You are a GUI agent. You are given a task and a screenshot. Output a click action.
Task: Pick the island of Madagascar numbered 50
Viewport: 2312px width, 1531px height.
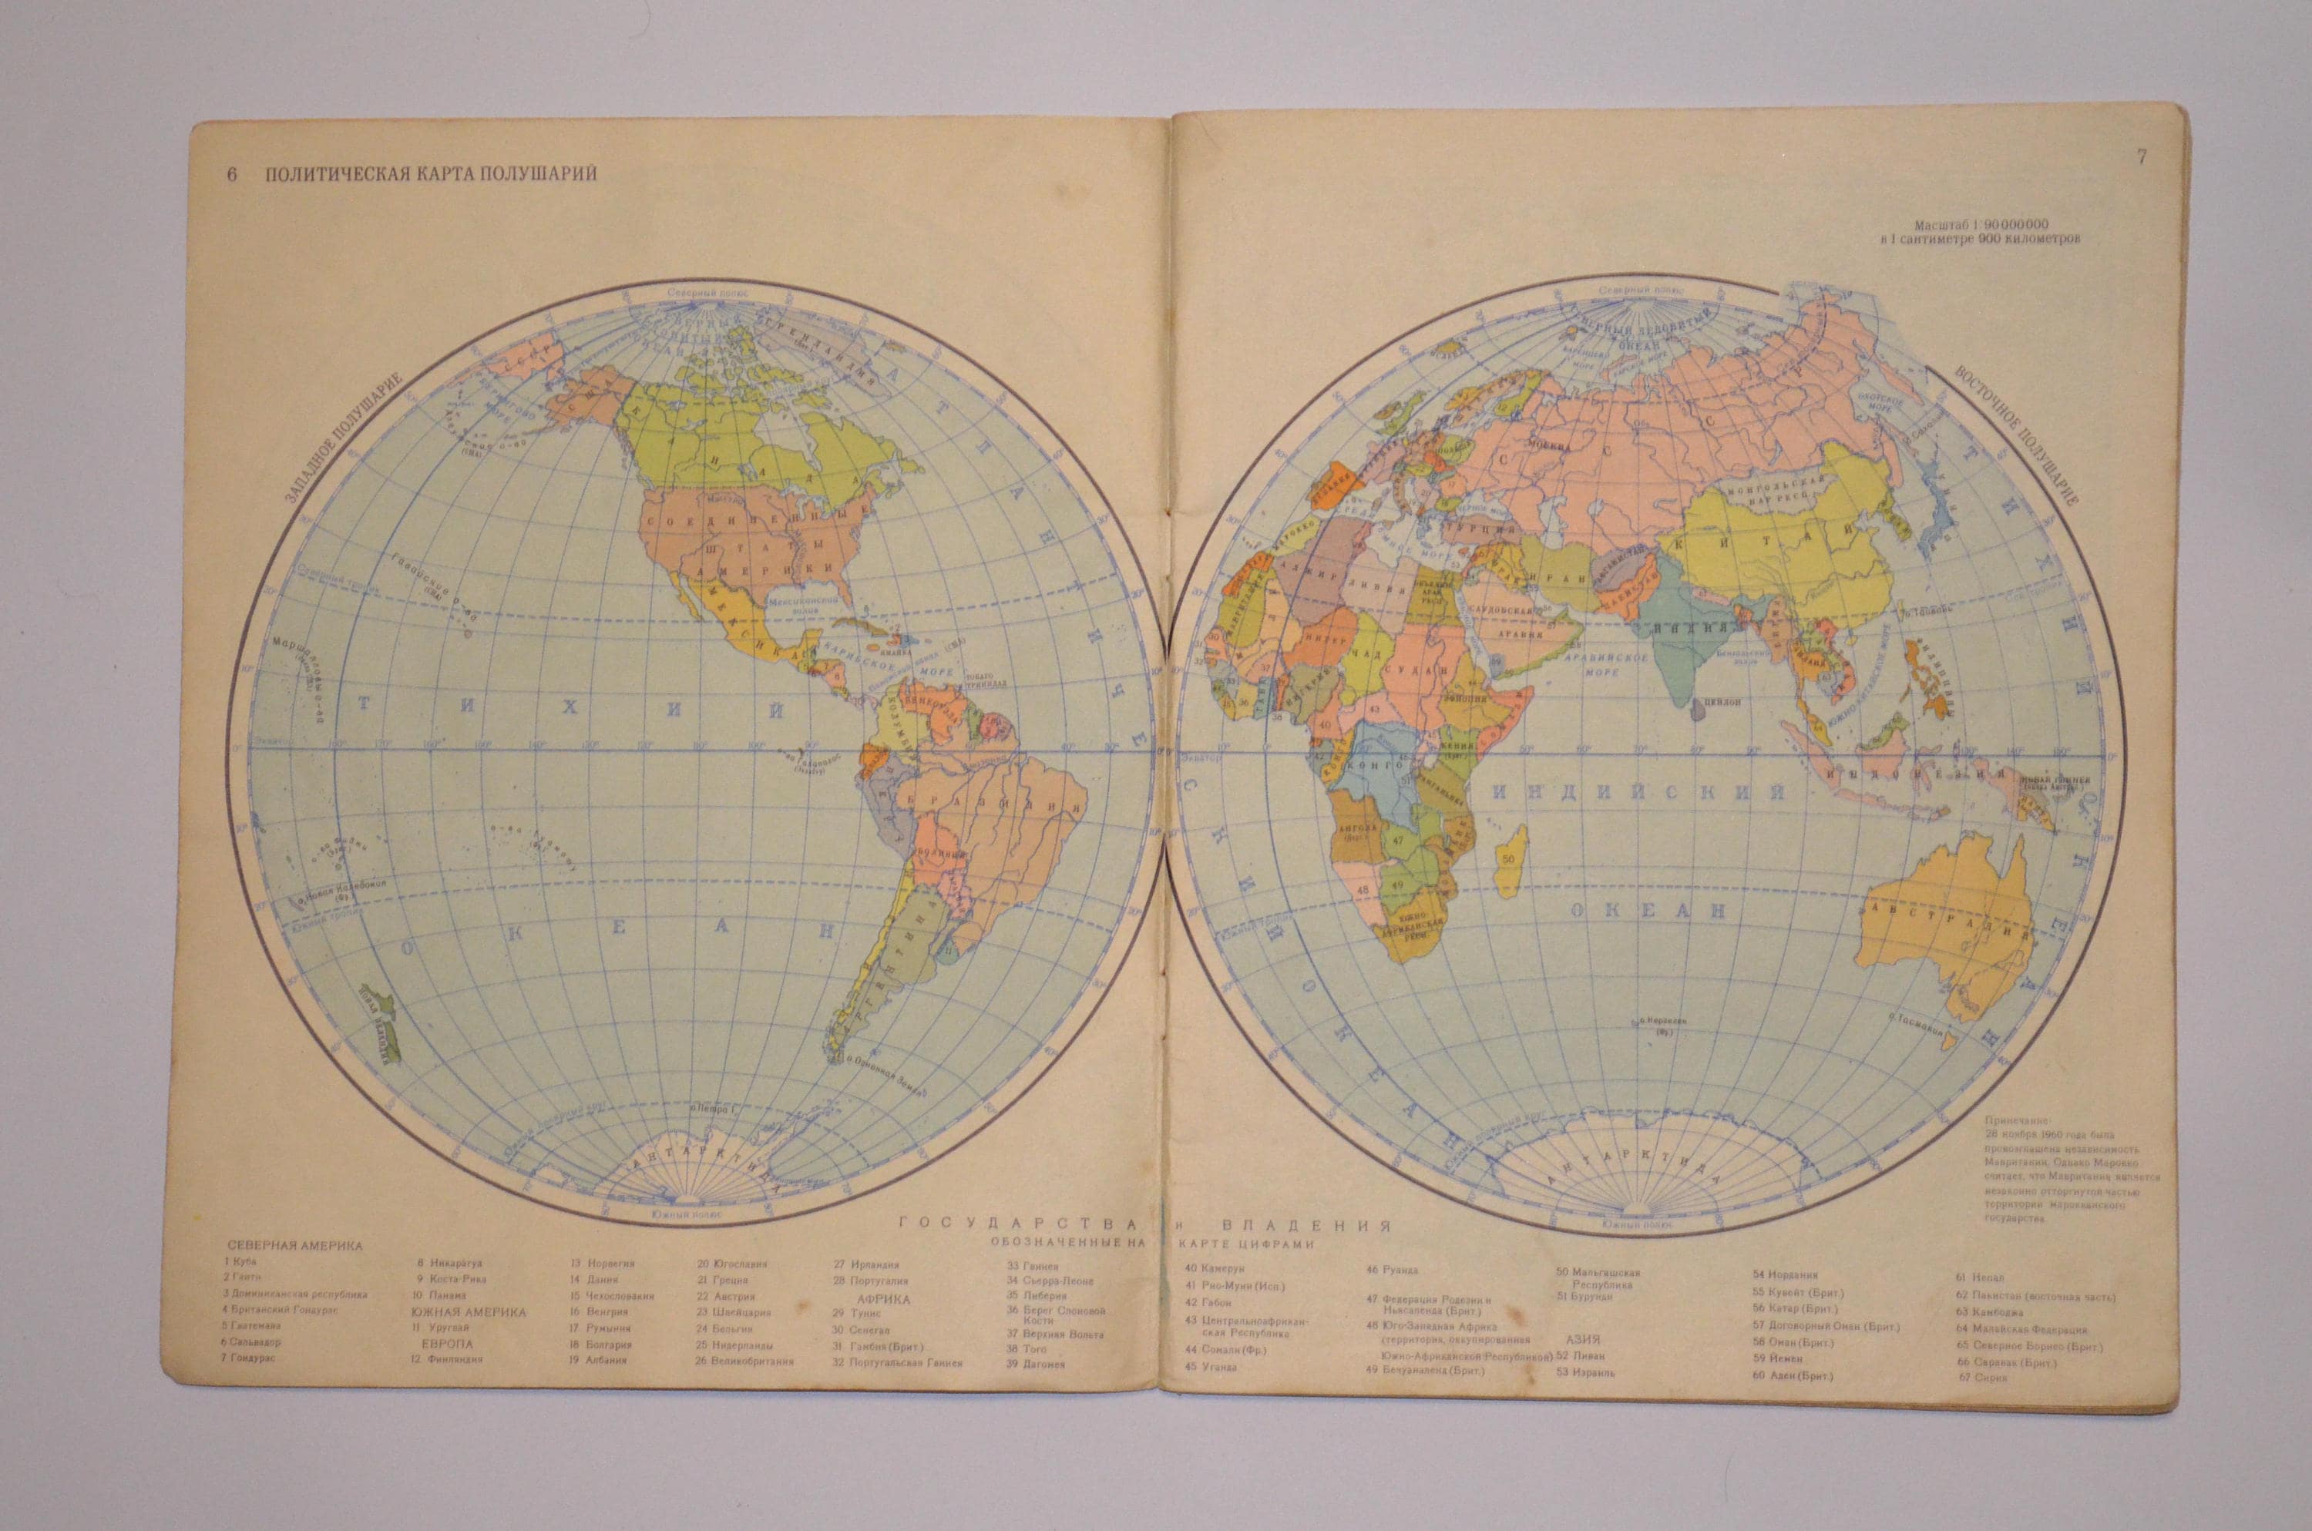[1511, 860]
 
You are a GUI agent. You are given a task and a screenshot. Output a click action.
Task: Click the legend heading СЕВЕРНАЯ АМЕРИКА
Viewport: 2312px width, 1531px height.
[295, 1246]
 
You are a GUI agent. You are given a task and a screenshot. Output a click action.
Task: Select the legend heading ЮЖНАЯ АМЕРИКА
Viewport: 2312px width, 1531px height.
[468, 1312]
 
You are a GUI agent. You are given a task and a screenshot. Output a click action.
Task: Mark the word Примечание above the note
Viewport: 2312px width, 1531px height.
[2018, 1123]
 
